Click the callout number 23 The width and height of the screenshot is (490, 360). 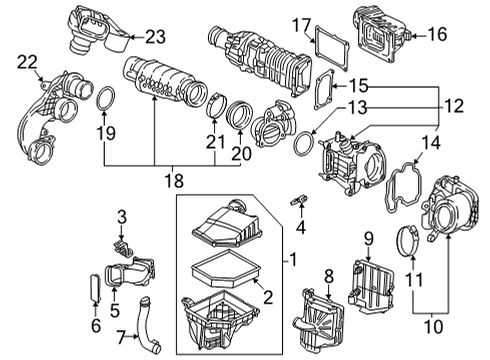[154, 39]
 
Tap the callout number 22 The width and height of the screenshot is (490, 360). [27, 63]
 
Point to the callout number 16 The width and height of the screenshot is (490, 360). [437, 33]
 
